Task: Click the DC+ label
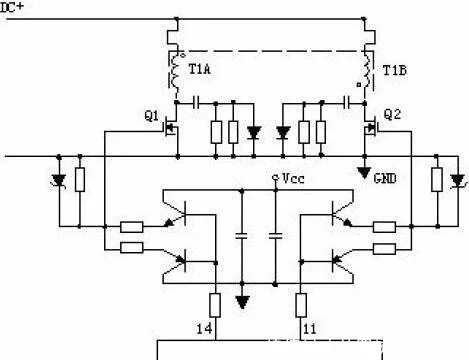(x=12, y=7)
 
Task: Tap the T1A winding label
(x=200, y=69)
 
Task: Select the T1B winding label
(x=395, y=70)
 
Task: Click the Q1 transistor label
(x=152, y=116)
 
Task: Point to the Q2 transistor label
(x=392, y=114)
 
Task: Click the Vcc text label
(x=293, y=178)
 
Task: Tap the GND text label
(x=385, y=179)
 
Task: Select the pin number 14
(x=204, y=329)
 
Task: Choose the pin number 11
(x=310, y=329)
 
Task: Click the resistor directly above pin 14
(x=215, y=305)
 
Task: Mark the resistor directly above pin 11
(x=301, y=305)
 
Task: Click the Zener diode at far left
(x=59, y=181)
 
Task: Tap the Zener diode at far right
(x=457, y=181)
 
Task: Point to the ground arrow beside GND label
(x=364, y=172)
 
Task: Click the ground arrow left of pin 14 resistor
(x=242, y=302)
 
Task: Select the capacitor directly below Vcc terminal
(x=275, y=236)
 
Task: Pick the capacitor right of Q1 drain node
(x=196, y=102)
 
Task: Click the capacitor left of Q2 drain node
(x=348, y=102)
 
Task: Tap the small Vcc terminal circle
(x=275, y=177)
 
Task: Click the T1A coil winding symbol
(x=175, y=72)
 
